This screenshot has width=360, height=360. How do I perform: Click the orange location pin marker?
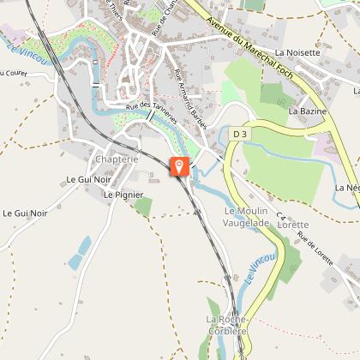[180, 166]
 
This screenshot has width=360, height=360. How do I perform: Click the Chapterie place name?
[117, 159]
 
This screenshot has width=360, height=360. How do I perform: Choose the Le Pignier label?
[123, 195]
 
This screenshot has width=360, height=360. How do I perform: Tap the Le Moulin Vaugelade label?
[246, 217]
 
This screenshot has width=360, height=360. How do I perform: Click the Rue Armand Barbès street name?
[190, 98]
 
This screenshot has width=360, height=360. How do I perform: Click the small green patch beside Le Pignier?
[143, 206]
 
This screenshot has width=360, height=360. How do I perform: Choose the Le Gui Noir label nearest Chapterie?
[89, 180]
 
